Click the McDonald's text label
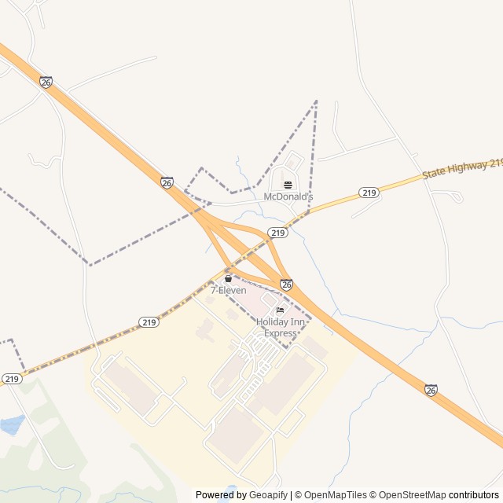coord(288,196)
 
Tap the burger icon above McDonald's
coord(288,185)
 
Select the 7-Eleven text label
coord(228,290)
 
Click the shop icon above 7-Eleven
coord(228,279)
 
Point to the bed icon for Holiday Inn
coord(280,310)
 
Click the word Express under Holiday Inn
coord(281,333)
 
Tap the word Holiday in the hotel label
coord(272,321)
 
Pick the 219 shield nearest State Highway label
coord(369,193)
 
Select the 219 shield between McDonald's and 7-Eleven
coord(277,233)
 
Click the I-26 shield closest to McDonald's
coord(167,182)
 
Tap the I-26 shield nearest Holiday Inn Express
coord(286,285)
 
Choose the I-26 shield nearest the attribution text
coord(431,390)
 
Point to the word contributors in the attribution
coord(474,495)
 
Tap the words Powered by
coord(219,495)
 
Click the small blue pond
coord(11,425)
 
